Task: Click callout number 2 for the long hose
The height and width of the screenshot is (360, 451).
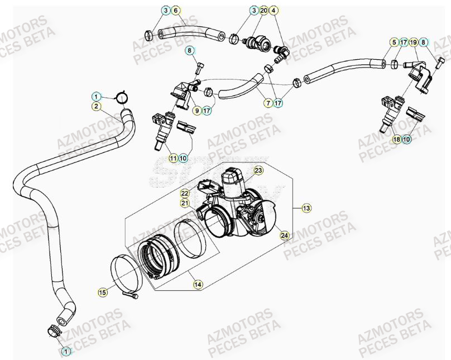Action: (x=96, y=105)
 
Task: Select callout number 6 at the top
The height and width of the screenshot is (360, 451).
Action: (x=175, y=11)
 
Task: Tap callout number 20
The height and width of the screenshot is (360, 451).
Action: (x=264, y=11)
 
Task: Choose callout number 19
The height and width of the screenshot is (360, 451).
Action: (x=414, y=42)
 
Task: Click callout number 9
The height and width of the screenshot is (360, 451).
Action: (x=197, y=111)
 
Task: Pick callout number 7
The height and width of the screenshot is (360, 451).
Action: (x=268, y=103)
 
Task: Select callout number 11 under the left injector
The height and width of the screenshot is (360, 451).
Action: (x=174, y=159)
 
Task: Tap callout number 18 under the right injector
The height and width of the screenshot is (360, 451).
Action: (x=396, y=139)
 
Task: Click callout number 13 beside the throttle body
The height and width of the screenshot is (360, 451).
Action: (x=306, y=208)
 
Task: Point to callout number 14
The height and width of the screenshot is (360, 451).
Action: (x=198, y=284)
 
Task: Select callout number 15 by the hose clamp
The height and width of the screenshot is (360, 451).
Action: (x=102, y=291)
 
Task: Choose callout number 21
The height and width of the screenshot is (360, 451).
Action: (x=185, y=203)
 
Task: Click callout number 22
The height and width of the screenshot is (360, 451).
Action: (x=185, y=193)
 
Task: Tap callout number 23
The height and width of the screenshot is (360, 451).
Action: (x=258, y=170)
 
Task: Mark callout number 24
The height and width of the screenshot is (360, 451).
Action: (x=284, y=236)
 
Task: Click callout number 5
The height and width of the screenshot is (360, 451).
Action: (x=394, y=42)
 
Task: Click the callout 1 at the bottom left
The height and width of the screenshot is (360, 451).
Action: (x=66, y=351)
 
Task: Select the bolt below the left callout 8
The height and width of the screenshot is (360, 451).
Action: (x=199, y=70)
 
